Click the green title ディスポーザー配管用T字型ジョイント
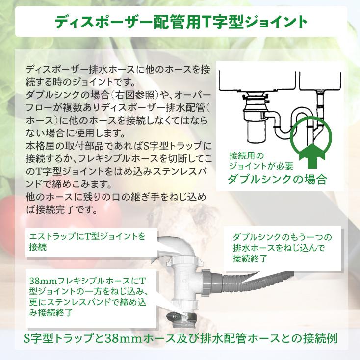(x=180, y=22)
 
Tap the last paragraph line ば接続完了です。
(x=61, y=210)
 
